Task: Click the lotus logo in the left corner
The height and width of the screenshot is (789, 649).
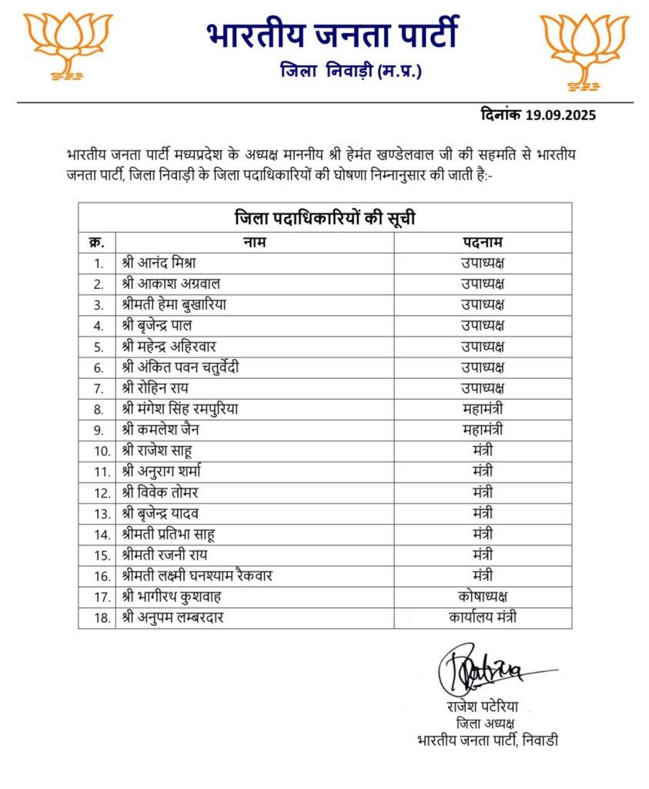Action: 68,45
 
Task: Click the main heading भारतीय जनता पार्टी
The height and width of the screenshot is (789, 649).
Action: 332,34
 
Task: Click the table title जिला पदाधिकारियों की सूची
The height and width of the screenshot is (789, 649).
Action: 324,217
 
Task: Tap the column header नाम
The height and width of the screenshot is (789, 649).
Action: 255,242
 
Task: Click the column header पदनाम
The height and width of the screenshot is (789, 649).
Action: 483,242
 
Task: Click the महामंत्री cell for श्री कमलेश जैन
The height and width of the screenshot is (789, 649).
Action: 483,429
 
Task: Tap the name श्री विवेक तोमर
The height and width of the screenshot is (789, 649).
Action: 160,492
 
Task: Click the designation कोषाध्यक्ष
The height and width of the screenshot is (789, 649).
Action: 483,596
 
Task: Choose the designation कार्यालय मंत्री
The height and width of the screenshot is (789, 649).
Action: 483,616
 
